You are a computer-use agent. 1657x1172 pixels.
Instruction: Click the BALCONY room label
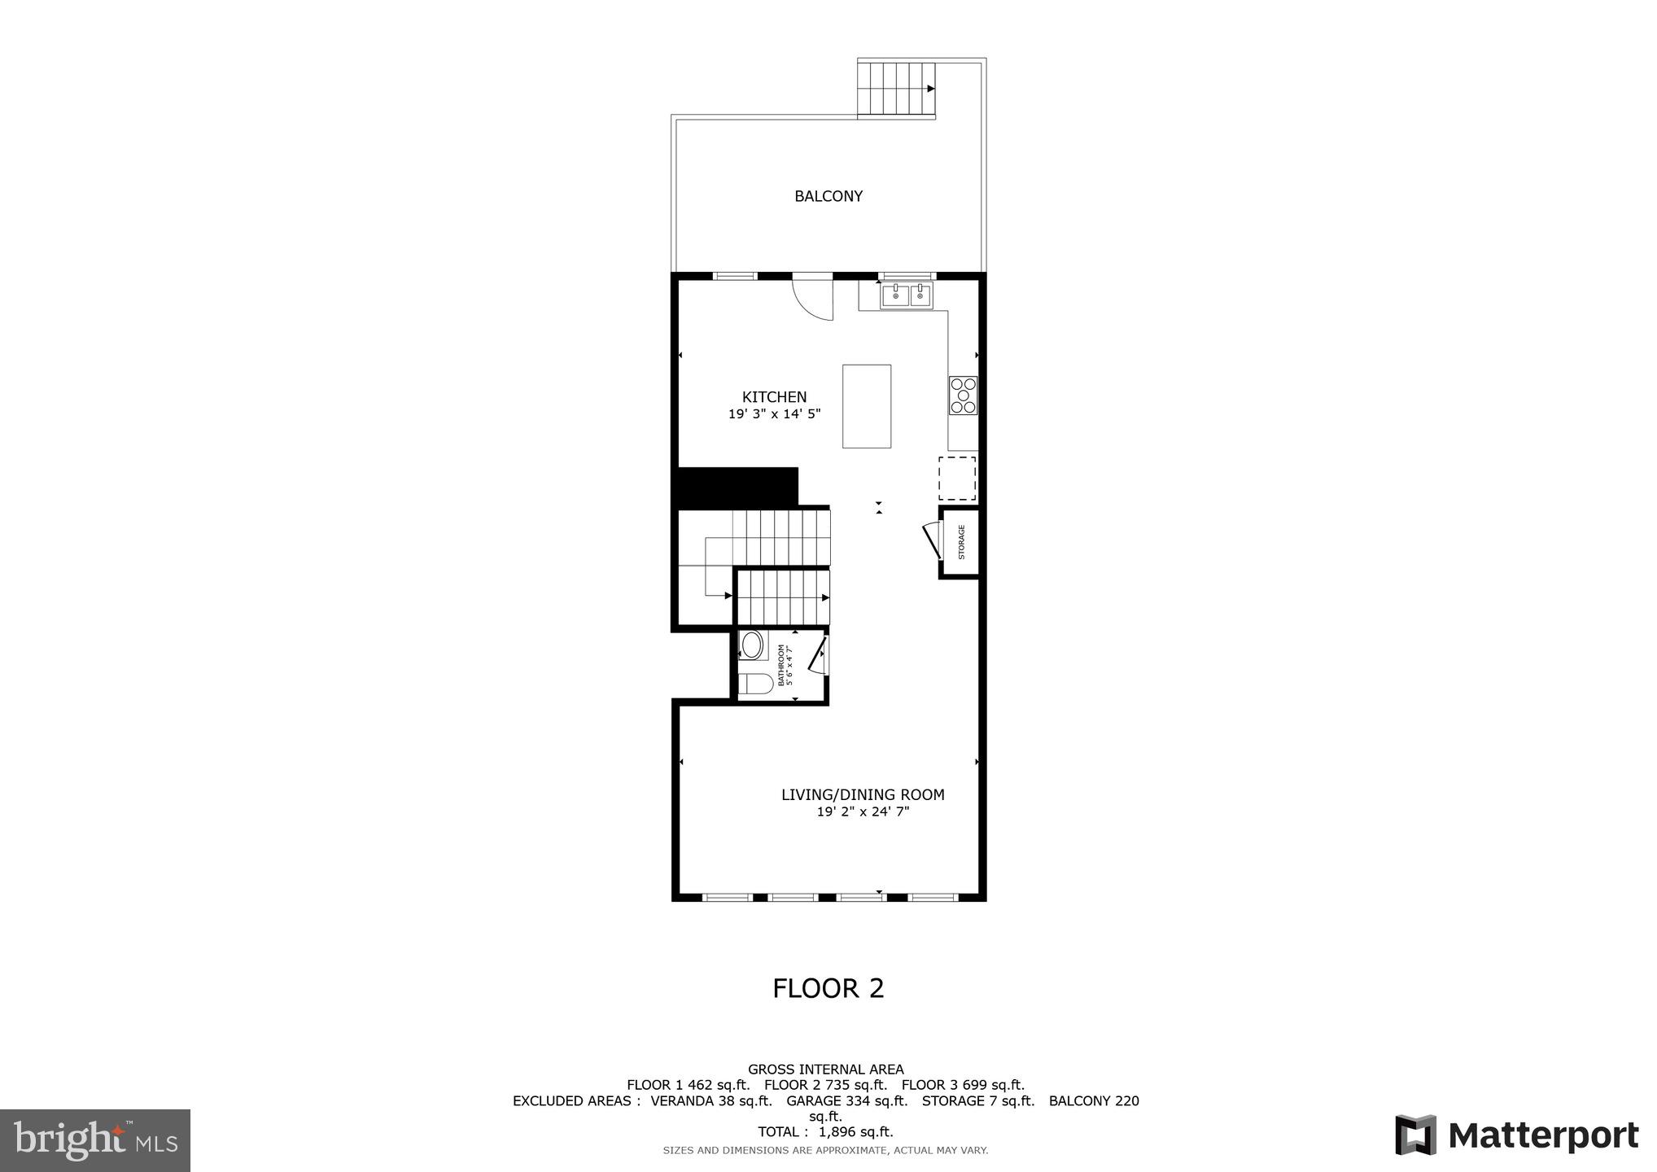click(828, 196)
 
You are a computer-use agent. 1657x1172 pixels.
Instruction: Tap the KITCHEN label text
click(774, 397)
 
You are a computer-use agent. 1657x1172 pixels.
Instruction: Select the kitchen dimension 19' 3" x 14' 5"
click(774, 414)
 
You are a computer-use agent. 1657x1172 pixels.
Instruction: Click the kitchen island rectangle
click(866, 406)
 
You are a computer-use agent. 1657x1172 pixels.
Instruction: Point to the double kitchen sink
click(907, 296)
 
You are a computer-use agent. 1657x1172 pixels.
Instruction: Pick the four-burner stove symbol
click(963, 396)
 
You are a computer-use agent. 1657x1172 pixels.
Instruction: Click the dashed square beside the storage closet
click(957, 479)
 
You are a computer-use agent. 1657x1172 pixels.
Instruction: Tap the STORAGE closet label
click(961, 542)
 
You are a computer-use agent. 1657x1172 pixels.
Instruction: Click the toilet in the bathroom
click(754, 684)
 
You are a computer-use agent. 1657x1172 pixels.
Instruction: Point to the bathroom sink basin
click(752, 646)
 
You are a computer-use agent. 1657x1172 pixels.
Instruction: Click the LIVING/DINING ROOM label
click(863, 794)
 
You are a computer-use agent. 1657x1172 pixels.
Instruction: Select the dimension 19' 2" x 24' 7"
click(863, 811)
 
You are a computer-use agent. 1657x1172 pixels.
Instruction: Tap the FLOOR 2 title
click(828, 988)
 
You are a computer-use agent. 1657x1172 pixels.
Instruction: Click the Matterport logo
click(1516, 1135)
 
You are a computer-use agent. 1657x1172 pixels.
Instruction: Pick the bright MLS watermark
click(95, 1140)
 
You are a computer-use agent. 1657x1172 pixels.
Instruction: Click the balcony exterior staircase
click(896, 89)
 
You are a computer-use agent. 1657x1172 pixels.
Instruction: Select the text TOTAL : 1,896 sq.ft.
click(825, 1132)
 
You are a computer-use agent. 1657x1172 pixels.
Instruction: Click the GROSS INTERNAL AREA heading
click(825, 1069)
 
